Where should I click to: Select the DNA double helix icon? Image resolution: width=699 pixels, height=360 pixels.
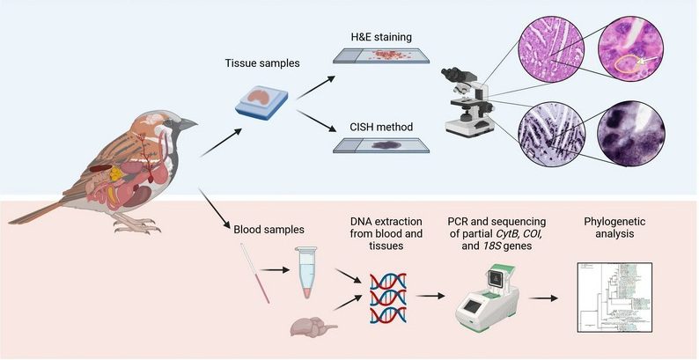388,295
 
